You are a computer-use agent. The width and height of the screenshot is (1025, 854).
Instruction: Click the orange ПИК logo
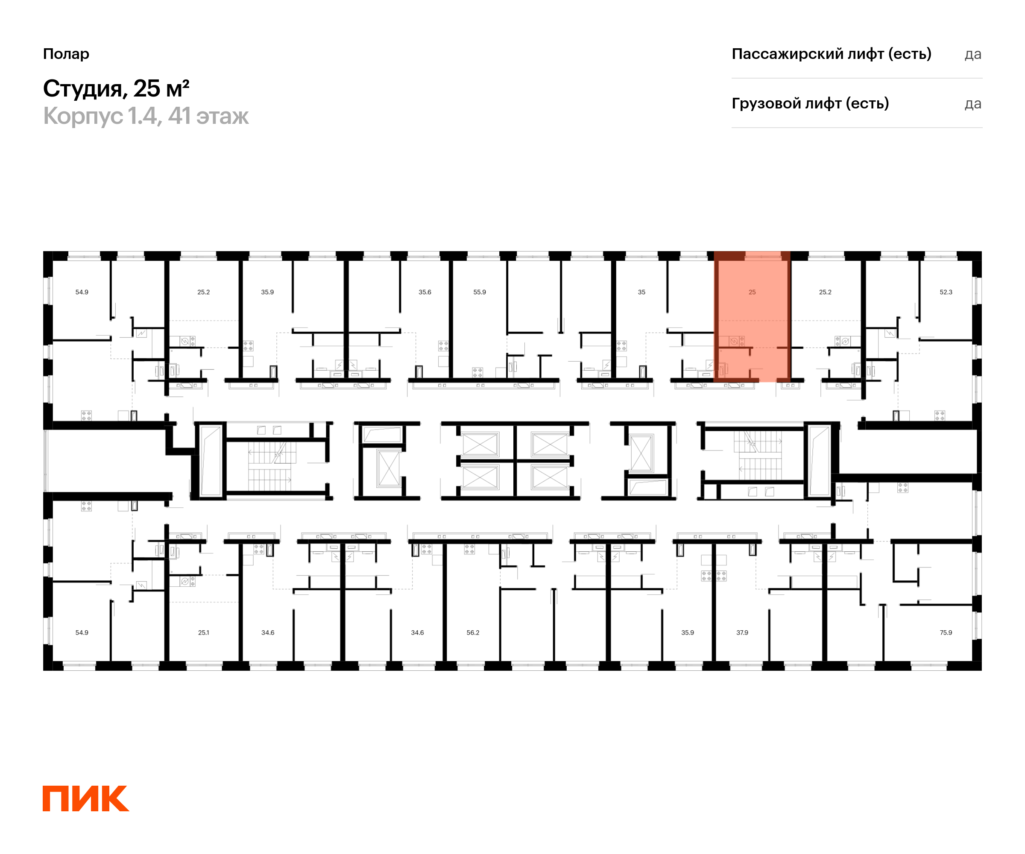click(x=85, y=799)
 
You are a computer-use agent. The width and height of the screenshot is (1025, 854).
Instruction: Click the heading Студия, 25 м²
click(x=116, y=89)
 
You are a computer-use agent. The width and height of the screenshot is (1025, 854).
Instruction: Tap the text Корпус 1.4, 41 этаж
click(x=146, y=116)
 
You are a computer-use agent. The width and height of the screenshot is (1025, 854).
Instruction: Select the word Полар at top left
click(x=66, y=54)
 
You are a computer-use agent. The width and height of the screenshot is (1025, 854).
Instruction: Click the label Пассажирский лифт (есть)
click(x=831, y=54)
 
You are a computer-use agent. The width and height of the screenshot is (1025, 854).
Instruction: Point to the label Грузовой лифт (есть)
click(x=810, y=103)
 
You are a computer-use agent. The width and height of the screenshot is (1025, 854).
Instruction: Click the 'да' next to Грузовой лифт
click(x=973, y=104)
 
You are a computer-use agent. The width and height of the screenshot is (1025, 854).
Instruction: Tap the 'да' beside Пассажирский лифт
click(x=973, y=54)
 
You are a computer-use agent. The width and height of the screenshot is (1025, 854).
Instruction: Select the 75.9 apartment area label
click(x=946, y=632)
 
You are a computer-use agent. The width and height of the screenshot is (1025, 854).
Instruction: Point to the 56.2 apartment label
click(x=473, y=632)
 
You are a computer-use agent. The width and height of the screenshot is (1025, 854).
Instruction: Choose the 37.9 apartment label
click(x=742, y=632)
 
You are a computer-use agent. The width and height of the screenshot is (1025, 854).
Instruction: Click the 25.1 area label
click(x=204, y=632)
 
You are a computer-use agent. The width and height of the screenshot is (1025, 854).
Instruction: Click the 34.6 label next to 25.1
click(x=268, y=632)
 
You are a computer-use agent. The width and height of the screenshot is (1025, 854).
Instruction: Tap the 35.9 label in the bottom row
click(x=688, y=632)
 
